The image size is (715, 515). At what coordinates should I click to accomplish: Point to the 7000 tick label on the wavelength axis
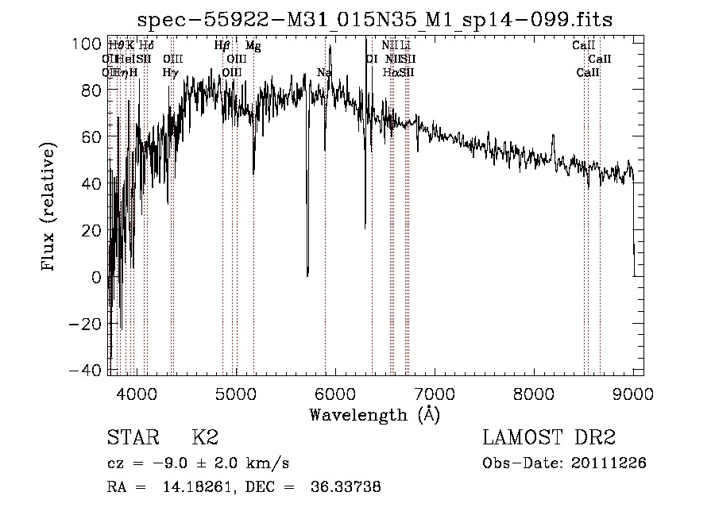pyautogui.click(x=434, y=393)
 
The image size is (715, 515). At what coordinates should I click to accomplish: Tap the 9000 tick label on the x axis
pyautogui.click(x=633, y=393)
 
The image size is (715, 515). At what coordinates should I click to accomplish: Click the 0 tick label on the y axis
pyautogui.click(x=97, y=278)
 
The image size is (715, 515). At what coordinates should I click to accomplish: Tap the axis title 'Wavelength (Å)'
pyautogui.click(x=374, y=414)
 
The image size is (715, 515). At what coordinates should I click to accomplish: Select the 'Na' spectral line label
pyautogui.click(x=324, y=73)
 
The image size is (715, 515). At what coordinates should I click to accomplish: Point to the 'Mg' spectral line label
pyautogui.click(x=252, y=46)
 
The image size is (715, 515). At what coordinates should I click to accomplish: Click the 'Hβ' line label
pyautogui.click(x=222, y=46)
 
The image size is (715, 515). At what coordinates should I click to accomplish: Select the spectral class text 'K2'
pyautogui.click(x=205, y=437)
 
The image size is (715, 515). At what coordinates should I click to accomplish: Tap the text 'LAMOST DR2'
pyautogui.click(x=549, y=437)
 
